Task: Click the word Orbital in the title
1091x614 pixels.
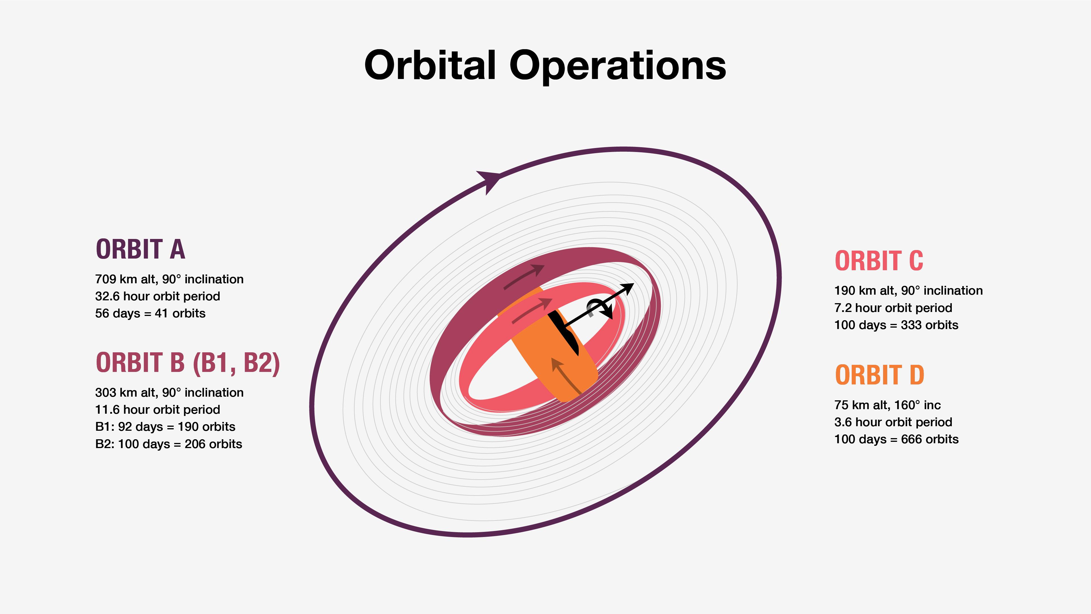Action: pos(430,65)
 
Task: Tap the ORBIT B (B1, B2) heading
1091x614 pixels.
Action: pos(188,363)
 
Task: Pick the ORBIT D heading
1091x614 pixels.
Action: pos(879,375)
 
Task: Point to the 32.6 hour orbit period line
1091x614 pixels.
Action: pos(158,296)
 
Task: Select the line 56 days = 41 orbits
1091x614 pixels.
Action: pos(150,313)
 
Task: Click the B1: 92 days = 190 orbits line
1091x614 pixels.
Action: pos(165,427)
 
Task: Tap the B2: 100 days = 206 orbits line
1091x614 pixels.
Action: pos(168,444)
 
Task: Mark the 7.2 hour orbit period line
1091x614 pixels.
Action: pos(893,308)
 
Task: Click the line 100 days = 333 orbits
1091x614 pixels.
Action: pos(896,325)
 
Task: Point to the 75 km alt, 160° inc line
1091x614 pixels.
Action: pos(887,405)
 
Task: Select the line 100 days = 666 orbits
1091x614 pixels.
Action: pos(896,440)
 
